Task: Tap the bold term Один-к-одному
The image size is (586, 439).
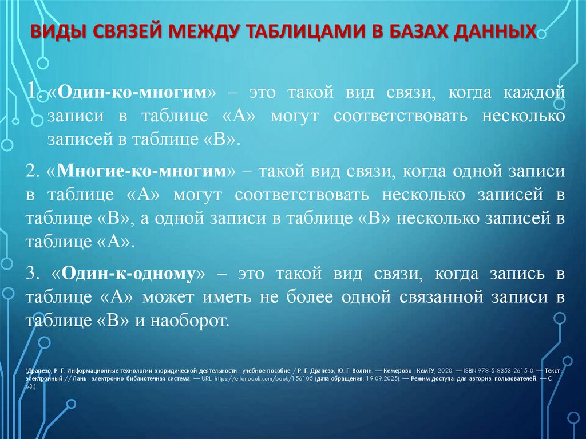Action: (x=134, y=273)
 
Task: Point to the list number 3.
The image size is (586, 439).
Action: (x=32, y=273)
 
